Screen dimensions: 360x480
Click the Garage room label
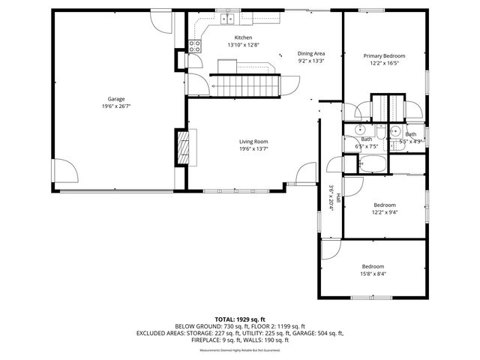(115, 99)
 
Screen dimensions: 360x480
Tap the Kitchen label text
(243, 37)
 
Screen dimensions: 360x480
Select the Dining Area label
(311, 54)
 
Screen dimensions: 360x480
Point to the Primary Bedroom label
(384, 56)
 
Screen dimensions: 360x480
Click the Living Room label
(253, 142)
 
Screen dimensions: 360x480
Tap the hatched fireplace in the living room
(184, 148)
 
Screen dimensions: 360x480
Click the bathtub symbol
(372, 163)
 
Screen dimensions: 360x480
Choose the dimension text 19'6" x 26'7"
(115, 106)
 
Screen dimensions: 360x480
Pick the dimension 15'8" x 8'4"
(373, 274)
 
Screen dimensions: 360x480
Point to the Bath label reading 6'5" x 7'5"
(366, 142)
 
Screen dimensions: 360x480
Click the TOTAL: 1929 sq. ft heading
(239, 319)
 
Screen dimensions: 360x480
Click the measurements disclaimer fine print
(239, 350)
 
